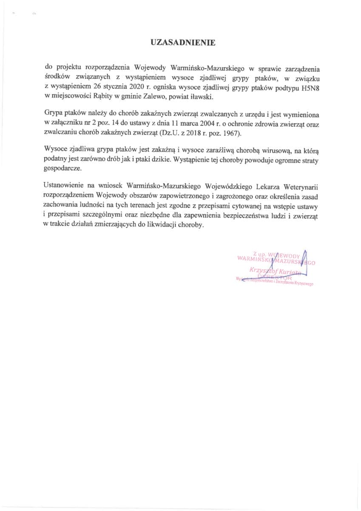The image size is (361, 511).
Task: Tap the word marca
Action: (184, 123)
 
